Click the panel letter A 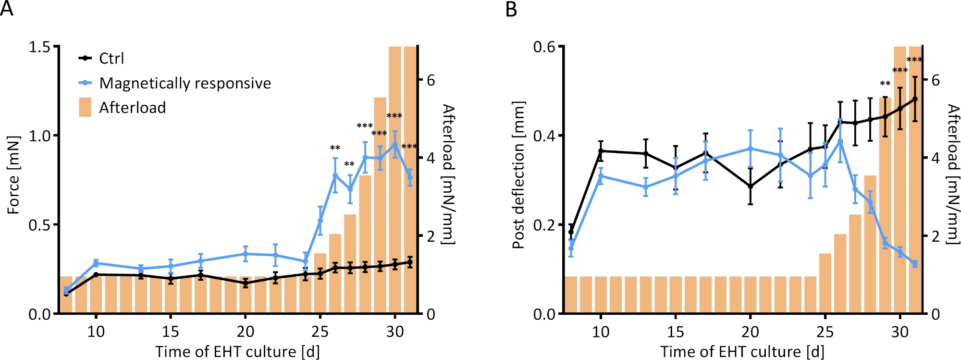point(7,9)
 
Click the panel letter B point(511,9)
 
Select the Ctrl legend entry point(111,59)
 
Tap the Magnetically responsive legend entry point(185,83)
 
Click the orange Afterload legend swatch point(85,107)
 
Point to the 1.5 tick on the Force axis point(39,47)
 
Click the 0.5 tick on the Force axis point(39,225)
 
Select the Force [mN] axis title point(13,175)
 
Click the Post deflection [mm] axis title point(518,175)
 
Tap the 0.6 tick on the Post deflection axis point(544,47)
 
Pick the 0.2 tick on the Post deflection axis point(544,225)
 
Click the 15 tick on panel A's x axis point(171,332)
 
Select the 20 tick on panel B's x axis point(750,332)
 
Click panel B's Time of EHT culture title point(742,352)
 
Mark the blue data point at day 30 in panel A point(395,144)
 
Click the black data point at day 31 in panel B point(915,99)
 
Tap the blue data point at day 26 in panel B point(840,141)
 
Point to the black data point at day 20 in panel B point(750,186)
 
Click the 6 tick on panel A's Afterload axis point(431,80)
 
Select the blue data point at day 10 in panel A point(96,263)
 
